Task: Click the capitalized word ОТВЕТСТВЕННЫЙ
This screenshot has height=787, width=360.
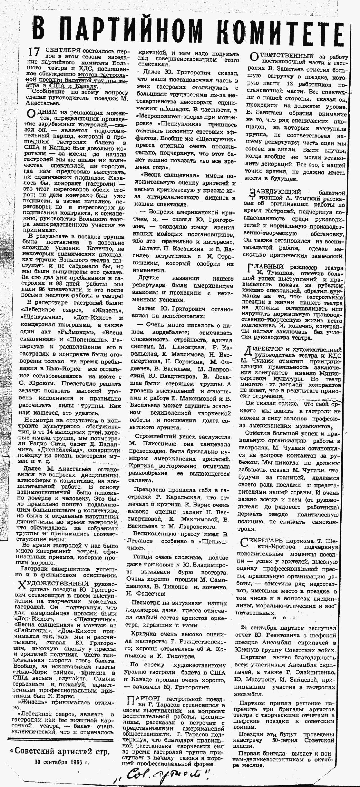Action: [x=285, y=56]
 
